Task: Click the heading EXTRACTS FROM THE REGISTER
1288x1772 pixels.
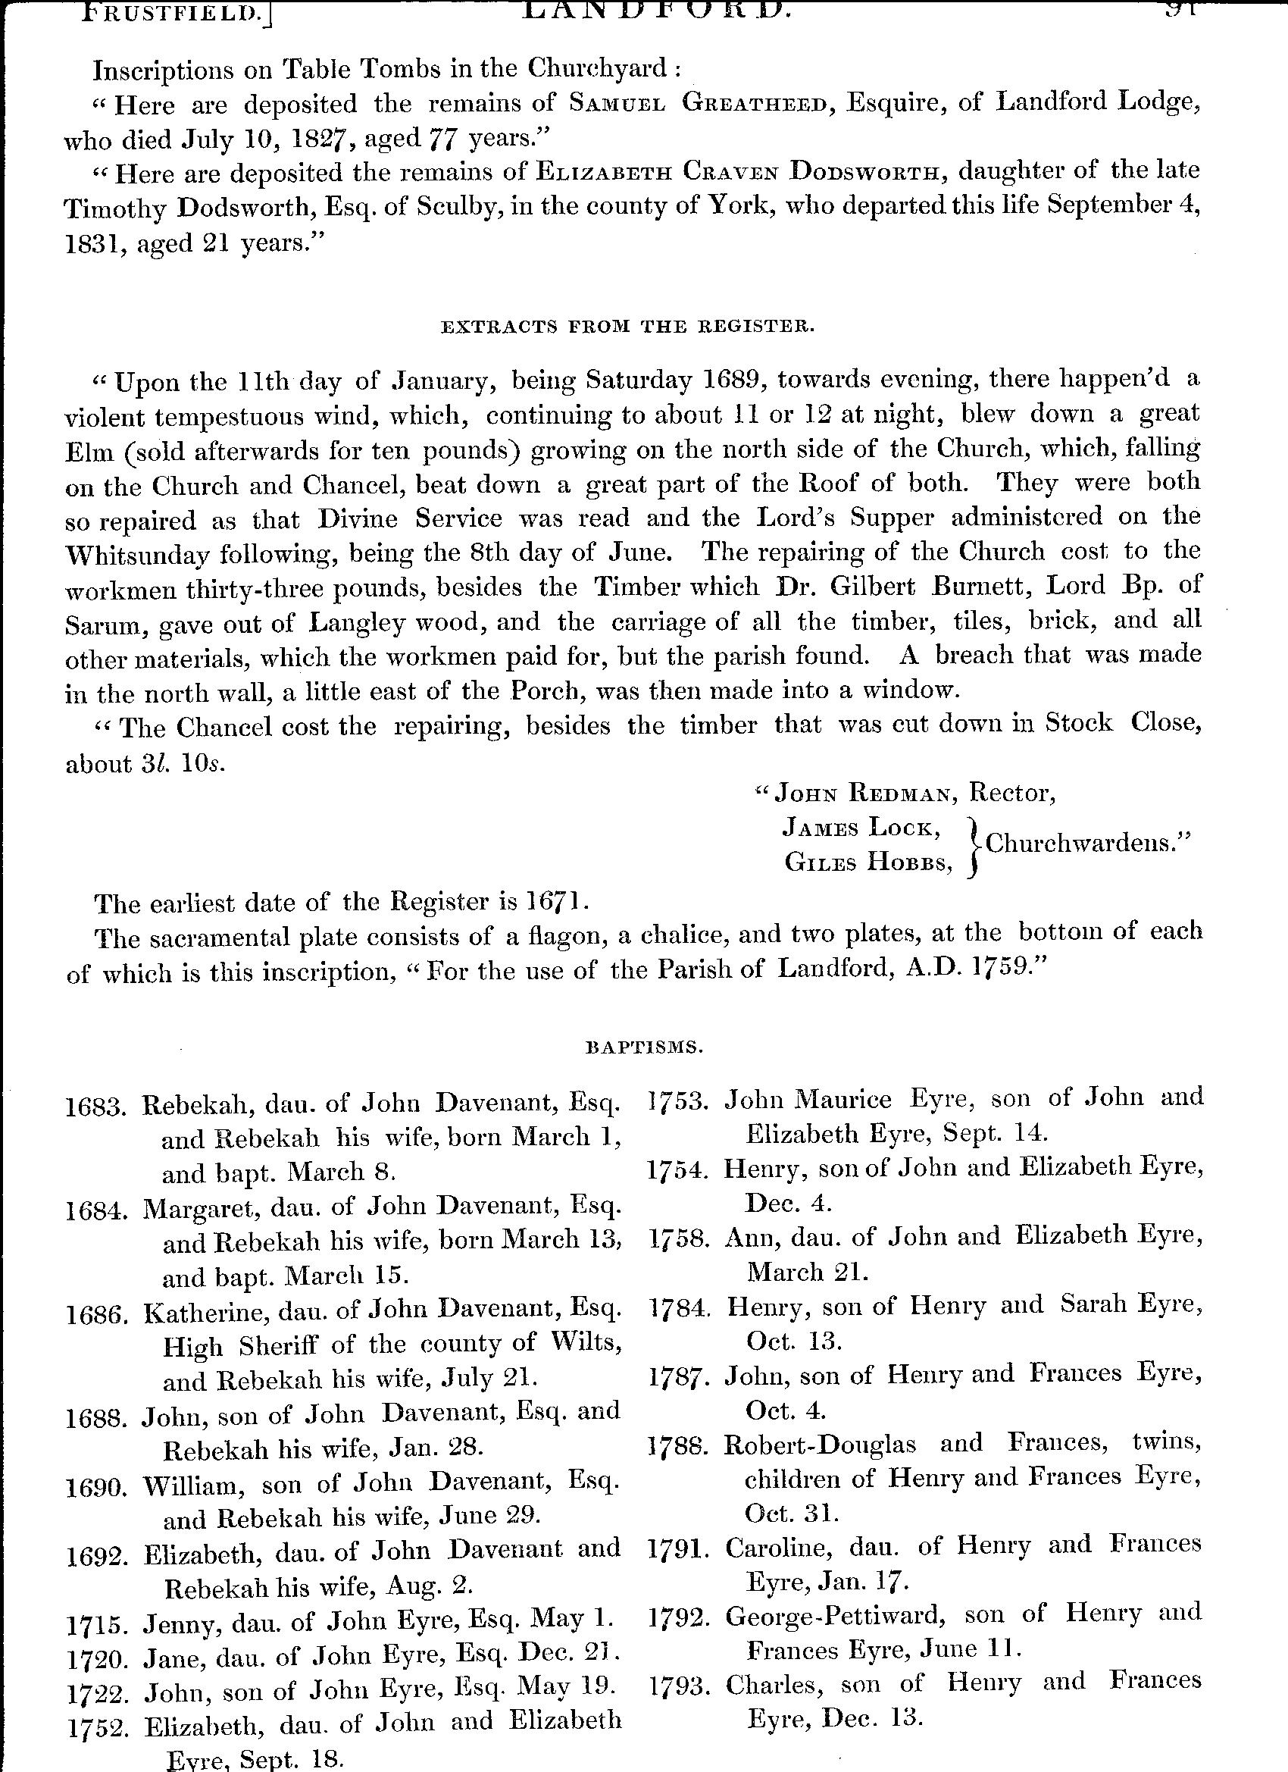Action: [x=628, y=327]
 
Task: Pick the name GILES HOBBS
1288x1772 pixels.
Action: [x=868, y=862]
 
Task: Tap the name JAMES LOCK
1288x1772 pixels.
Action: [x=861, y=828]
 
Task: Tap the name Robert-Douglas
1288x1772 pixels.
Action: [x=820, y=1443]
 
